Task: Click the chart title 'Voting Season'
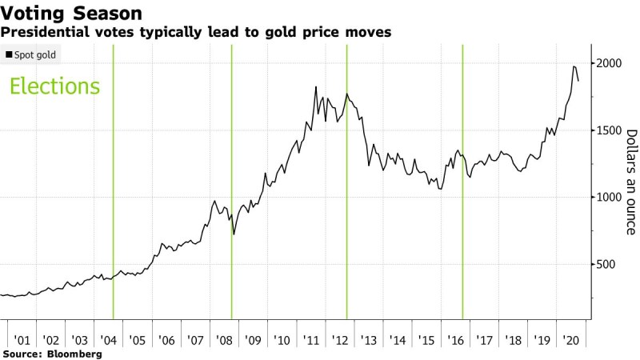click(73, 14)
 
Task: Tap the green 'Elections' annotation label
click(54, 86)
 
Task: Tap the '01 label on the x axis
click(22, 340)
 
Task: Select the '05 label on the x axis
click(137, 340)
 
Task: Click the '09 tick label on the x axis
click(253, 340)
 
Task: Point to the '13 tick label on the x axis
click(369, 340)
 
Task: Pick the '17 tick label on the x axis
click(484, 340)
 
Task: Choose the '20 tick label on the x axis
click(570, 340)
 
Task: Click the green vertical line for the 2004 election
click(113, 184)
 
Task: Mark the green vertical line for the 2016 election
click(462, 184)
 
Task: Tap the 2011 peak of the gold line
click(316, 86)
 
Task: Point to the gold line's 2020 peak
click(574, 66)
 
